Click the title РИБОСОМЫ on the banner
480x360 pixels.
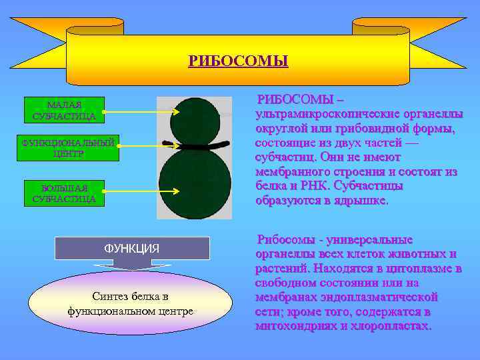[238, 62]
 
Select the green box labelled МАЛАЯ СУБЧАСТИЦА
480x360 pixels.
[64, 111]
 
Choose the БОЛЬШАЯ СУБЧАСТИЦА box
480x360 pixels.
[64, 193]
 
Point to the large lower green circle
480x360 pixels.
[195, 183]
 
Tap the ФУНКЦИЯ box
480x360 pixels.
[131, 248]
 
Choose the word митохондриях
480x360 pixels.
[297, 327]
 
